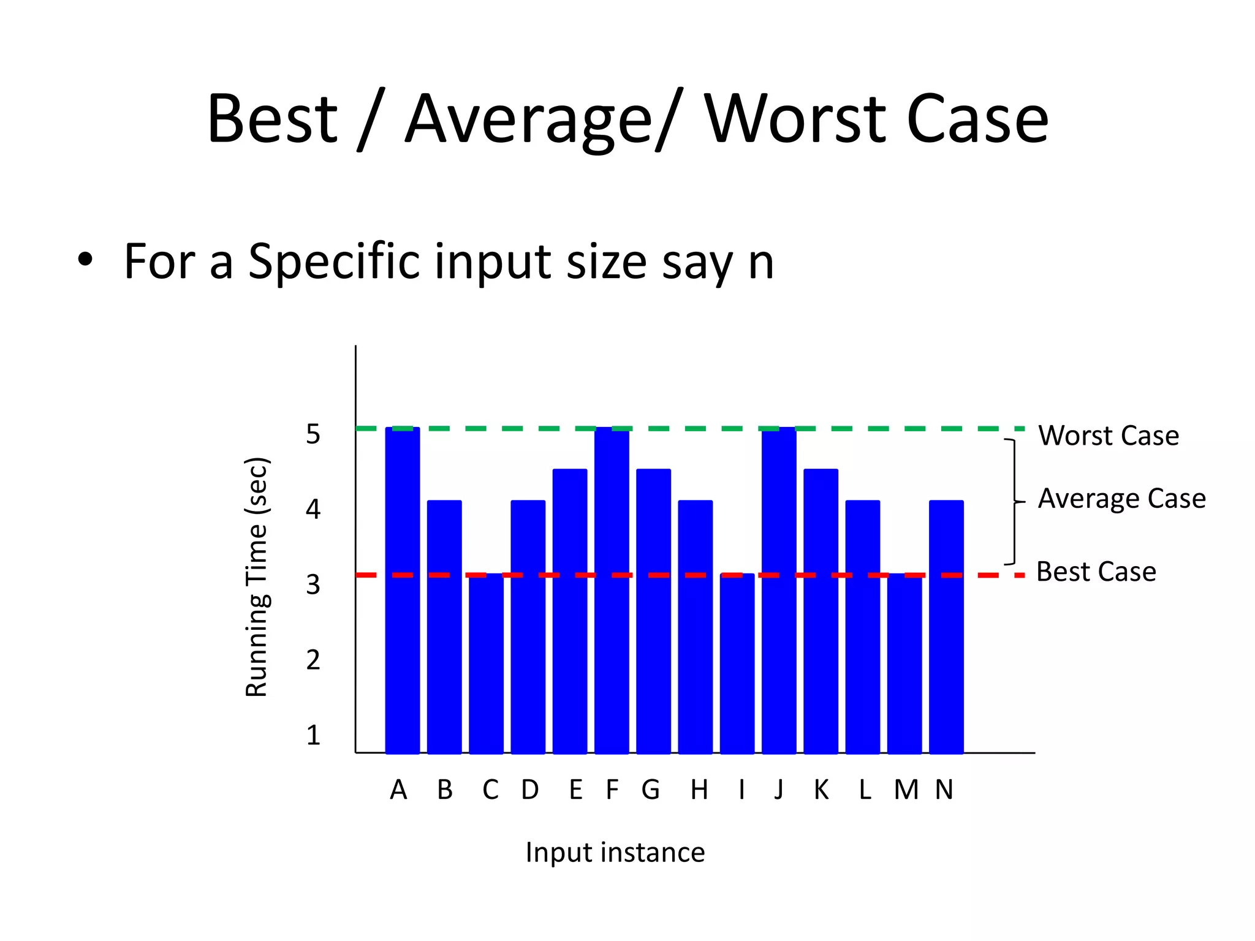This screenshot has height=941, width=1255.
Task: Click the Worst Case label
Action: click(1108, 436)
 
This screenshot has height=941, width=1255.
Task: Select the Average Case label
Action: click(1121, 499)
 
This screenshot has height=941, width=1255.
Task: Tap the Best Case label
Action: click(1096, 572)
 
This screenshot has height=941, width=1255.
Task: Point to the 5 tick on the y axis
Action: click(313, 434)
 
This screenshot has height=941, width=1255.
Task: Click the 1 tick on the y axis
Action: click(313, 735)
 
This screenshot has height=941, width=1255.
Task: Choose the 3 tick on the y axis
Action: click(313, 584)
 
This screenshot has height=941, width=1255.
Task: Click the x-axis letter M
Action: click(906, 790)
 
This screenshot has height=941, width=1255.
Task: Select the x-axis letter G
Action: click(651, 790)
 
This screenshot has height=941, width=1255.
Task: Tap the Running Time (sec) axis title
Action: click(257, 577)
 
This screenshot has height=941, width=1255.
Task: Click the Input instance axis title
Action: click(615, 852)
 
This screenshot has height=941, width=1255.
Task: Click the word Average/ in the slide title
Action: click(542, 119)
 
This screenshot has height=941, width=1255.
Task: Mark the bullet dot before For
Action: click(85, 260)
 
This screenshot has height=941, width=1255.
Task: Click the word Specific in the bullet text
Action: click(333, 262)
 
